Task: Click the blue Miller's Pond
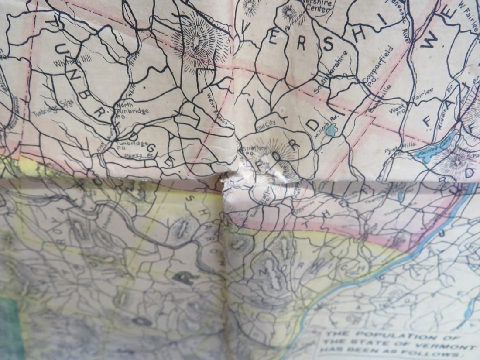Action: (332, 129)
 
